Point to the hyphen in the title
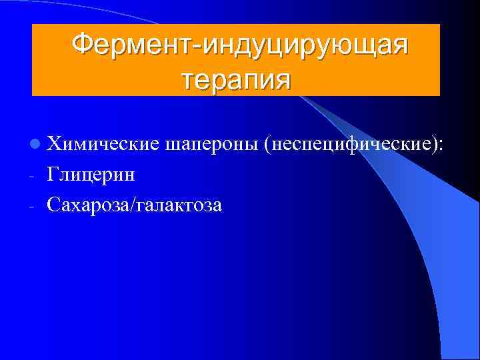(x=198, y=46)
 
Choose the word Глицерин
(x=91, y=175)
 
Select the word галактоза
(x=180, y=206)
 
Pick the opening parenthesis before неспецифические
(x=267, y=144)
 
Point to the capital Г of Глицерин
(x=53, y=175)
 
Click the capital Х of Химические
(x=54, y=143)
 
